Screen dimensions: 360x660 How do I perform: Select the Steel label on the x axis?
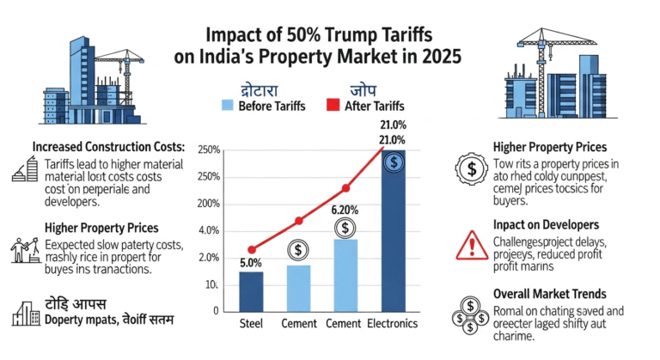click(x=251, y=324)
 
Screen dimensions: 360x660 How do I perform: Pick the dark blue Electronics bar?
click(x=393, y=232)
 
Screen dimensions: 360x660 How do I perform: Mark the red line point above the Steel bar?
click(x=251, y=249)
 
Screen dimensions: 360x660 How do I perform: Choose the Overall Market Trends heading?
click(x=550, y=293)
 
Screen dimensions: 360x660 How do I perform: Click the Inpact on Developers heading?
click(x=547, y=224)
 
